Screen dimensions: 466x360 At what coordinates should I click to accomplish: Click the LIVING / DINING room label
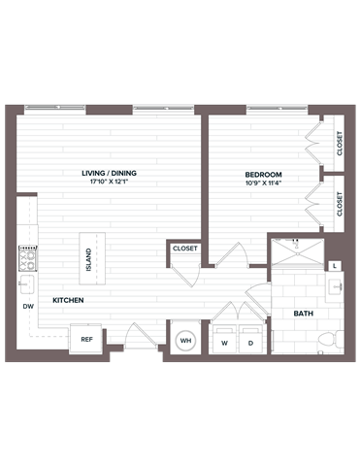pyautogui.click(x=109, y=173)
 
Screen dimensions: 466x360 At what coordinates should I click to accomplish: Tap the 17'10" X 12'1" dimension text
pyautogui.click(x=109, y=183)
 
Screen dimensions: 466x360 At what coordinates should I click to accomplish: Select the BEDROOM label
pyautogui.click(x=262, y=174)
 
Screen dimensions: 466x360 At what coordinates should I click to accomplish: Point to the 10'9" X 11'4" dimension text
pyautogui.click(x=262, y=183)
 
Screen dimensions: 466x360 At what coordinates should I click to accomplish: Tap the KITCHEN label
pyautogui.click(x=67, y=301)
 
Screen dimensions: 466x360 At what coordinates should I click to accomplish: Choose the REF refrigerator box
pyautogui.click(x=86, y=340)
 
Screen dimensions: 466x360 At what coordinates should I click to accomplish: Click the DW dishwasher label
pyautogui.click(x=27, y=306)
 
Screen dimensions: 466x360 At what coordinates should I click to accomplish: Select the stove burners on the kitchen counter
pyautogui.click(x=26, y=258)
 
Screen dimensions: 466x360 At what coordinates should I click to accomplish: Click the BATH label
pyautogui.click(x=303, y=314)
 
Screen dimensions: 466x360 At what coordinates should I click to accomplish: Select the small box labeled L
pyautogui.click(x=335, y=265)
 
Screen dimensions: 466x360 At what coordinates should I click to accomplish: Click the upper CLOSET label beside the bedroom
pyautogui.click(x=340, y=144)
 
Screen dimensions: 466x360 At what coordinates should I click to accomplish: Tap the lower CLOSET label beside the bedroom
pyautogui.click(x=340, y=203)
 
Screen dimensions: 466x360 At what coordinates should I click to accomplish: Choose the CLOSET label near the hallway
pyautogui.click(x=185, y=249)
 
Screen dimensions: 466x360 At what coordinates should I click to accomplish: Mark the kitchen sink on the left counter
pyautogui.click(x=26, y=283)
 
